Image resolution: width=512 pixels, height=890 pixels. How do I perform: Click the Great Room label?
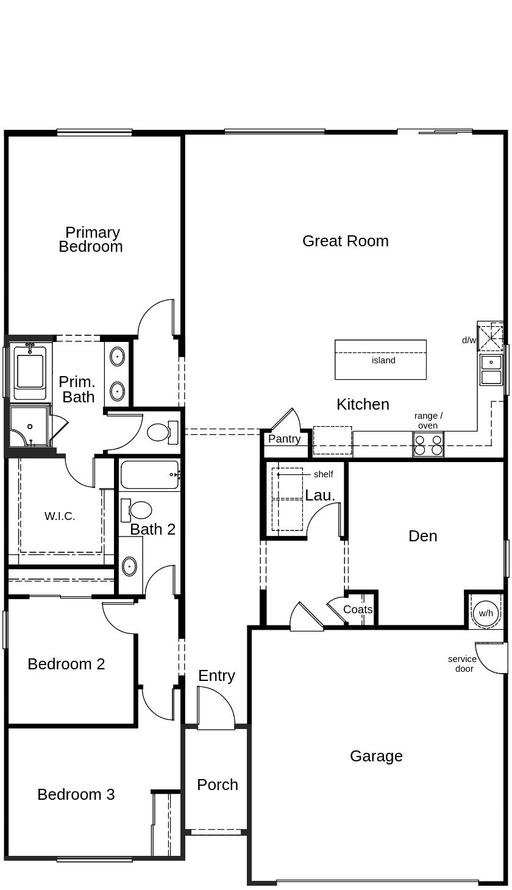[x=345, y=241]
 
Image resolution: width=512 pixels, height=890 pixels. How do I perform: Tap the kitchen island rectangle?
[x=380, y=360]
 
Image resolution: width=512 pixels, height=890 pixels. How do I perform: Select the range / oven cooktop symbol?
[x=428, y=444]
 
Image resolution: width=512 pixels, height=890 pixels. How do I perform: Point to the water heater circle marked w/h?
[x=486, y=613]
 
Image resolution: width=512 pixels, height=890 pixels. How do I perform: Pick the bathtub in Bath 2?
[x=149, y=475]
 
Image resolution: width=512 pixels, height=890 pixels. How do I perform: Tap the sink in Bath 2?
[x=130, y=566]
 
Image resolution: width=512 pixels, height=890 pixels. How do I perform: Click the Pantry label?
[x=284, y=439]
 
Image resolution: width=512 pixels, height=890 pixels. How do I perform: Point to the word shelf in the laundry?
[x=323, y=474]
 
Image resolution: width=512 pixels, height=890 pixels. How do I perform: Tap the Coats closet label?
[x=357, y=610]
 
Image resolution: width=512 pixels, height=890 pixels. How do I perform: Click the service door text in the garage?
[x=462, y=664]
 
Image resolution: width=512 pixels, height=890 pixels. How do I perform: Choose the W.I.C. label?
[x=60, y=516]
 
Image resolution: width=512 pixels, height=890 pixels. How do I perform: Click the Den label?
[x=422, y=536]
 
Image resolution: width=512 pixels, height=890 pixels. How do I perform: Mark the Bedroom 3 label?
[x=76, y=794]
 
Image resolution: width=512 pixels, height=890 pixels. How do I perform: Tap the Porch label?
[x=217, y=785]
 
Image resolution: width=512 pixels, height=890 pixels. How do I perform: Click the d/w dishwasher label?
[x=469, y=340]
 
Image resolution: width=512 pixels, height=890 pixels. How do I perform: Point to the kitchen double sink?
[x=491, y=370]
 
